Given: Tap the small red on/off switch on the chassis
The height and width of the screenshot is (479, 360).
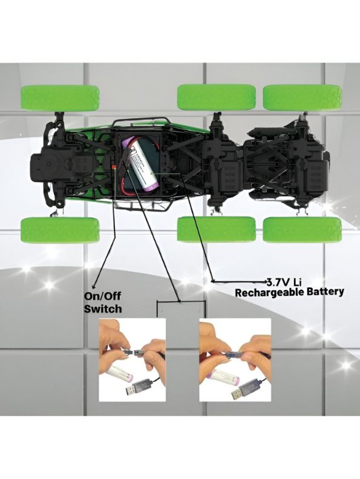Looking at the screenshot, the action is coord(114,166).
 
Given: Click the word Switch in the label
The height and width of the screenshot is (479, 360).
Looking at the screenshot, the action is coord(103,309).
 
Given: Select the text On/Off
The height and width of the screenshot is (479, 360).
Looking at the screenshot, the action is coord(102,296).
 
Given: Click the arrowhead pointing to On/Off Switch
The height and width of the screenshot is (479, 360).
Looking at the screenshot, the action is coord(94,285).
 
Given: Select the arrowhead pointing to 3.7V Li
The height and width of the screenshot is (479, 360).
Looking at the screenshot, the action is coord(264,281).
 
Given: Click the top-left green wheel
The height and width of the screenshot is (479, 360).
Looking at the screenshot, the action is coord(60,98).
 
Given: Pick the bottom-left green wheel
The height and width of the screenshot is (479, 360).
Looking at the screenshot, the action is coord(60,230).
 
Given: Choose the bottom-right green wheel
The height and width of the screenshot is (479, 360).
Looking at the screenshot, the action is coord(302,230).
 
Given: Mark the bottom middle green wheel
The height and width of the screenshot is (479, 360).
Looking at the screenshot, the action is coord(217,229).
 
